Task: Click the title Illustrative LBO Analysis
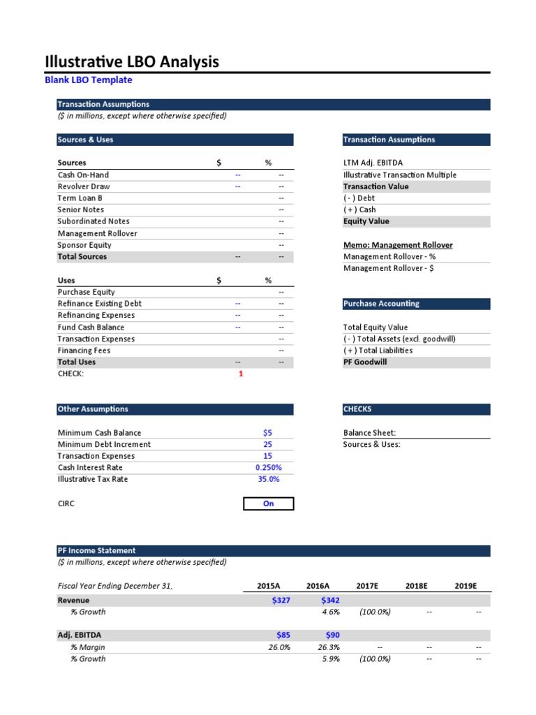(132, 62)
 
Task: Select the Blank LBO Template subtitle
(88, 80)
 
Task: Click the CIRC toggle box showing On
(269, 503)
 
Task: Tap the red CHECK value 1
(241, 374)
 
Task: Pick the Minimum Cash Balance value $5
(268, 433)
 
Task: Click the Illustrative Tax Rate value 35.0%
(269, 480)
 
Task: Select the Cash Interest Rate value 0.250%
(268, 468)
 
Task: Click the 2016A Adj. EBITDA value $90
(331, 635)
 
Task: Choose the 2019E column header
(465, 586)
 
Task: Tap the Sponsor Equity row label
(84, 245)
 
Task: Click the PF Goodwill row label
(365, 362)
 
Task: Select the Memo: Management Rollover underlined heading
(398, 245)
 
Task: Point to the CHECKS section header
(357, 409)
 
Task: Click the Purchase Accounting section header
(381, 304)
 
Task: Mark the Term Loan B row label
(80, 198)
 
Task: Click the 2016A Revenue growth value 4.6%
(330, 612)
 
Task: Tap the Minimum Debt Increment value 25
(268, 445)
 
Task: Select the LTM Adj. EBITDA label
(373, 163)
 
